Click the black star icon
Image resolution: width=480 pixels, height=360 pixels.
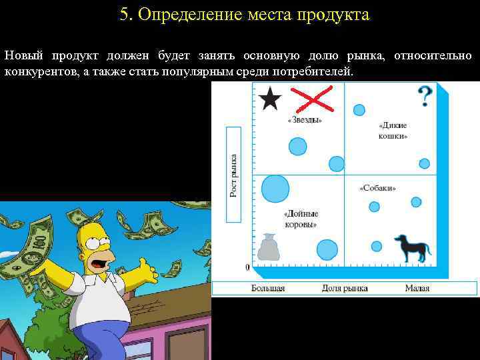pyautogui.click(x=269, y=100)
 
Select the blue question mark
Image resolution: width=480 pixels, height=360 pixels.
pyautogui.click(x=423, y=97)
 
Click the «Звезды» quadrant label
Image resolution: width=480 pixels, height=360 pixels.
pyautogui.click(x=305, y=120)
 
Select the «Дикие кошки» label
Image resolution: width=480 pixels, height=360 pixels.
pyautogui.click(x=393, y=130)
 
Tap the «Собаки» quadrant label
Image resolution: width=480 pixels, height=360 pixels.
pyautogui.click(x=378, y=188)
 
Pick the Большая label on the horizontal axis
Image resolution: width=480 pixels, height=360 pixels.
pyautogui.click(x=268, y=288)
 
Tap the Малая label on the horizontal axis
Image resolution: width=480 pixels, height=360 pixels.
pyautogui.click(x=417, y=288)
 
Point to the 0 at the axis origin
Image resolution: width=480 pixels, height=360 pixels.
pyautogui.click(x=248, y=267)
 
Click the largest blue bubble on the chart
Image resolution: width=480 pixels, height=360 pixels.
pyautogui.click(x=275, y=189)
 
